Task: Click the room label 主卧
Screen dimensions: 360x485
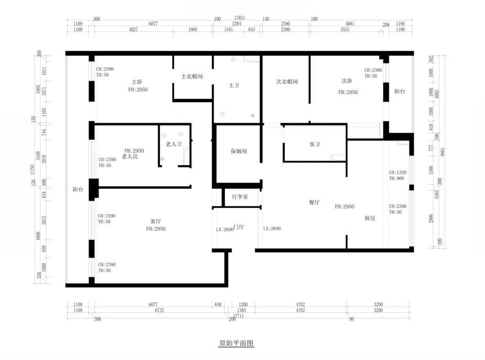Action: click(x=137, y=82)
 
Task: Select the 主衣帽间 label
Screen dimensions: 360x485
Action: click(x=192, y=76)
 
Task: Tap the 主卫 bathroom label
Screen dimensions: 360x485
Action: click(x=234, y=85)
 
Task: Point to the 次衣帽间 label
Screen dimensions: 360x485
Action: click(x=287, y=82)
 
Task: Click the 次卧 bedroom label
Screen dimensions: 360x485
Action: click(x=347, y=81)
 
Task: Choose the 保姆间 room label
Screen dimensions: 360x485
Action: click(x=239, y=151)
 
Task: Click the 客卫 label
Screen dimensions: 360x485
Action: click(x=315, y=144)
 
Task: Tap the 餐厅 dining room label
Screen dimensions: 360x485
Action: click(x=315, y=203)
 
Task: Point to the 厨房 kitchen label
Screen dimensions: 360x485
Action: click(x=370, y=218)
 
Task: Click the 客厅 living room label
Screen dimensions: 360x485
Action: click(x=156, y=221)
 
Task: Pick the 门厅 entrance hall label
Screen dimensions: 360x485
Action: click(x=239, y=227)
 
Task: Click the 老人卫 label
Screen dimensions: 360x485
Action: click(x=174, y=144)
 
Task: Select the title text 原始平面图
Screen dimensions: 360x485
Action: click(x=236, y=344)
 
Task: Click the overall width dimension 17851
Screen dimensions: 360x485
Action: click(x=240, y=17)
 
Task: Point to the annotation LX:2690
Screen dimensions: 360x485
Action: click(x=272, y=229)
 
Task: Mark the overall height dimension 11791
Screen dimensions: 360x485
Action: click(x=32, y=168)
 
